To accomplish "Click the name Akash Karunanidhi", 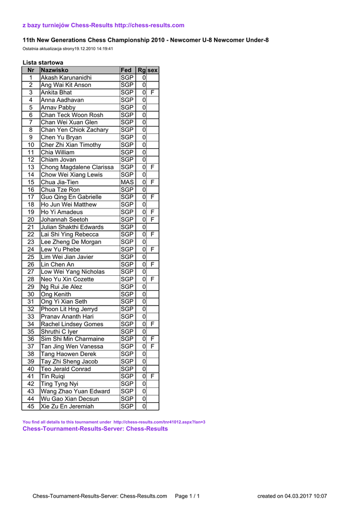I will pos(66,78).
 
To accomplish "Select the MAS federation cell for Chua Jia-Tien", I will pos(127,182).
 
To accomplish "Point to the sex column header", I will pos(152,70).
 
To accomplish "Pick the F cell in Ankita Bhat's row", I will pos(152,93).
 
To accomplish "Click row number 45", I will pos(31,406).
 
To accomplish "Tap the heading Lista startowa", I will pos(43,63).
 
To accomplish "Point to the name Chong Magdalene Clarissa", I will pos(77,167).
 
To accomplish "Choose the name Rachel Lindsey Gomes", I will pos(72,324).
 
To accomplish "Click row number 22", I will pos(31,235).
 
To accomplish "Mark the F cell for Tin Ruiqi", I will pos(152,377).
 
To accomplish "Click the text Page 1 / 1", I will pos(187,496).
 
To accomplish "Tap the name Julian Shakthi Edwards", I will pos(72,227).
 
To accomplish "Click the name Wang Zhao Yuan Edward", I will pos(75,391).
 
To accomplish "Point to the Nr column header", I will pos(31,70).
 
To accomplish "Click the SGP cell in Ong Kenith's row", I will pos(127,294).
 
